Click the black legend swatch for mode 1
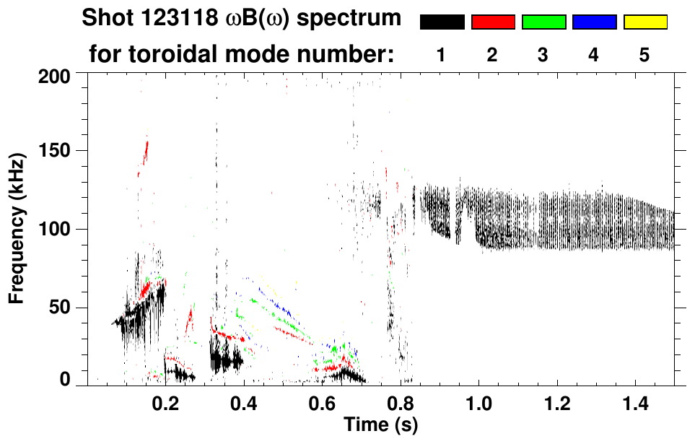coord(442,22)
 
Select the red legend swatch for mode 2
coord(493,22)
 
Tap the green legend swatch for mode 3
coord(543,22)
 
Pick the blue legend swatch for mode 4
coord(594,22)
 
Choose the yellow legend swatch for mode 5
coord(644,22)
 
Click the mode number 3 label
coord(543,55)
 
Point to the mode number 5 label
coord(644,55)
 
